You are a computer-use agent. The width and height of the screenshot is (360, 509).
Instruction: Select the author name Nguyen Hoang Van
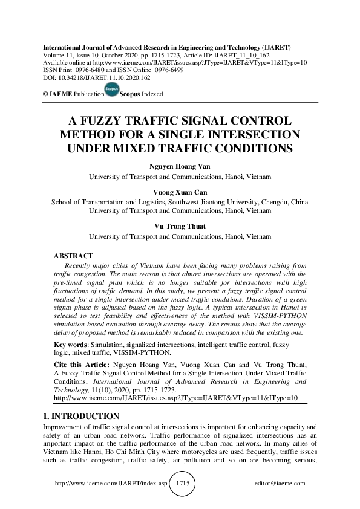(x=180, y=166)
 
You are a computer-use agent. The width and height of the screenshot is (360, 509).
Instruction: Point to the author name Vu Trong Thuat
(x=180, y=225)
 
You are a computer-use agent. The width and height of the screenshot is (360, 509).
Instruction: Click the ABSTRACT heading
(x=73, y=256)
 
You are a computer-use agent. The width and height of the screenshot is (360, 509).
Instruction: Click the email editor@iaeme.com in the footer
(x=281, y=484)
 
